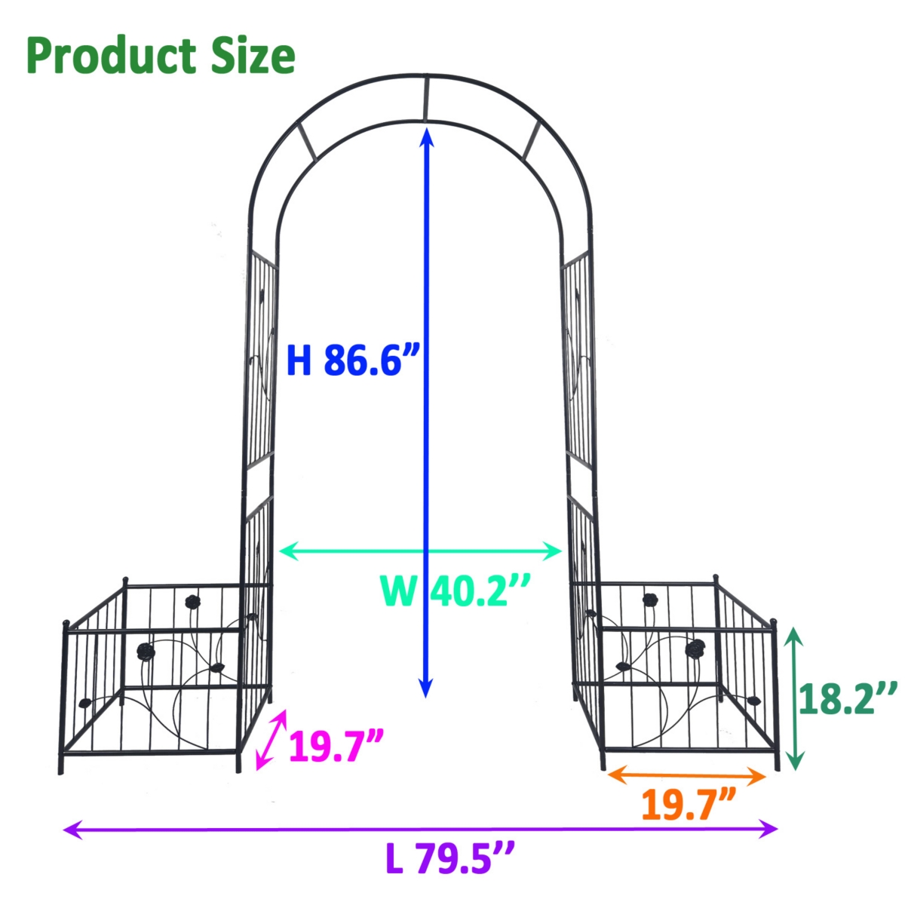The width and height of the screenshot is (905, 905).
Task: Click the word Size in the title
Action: (252, 57)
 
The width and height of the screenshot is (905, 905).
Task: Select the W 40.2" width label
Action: (456, 590)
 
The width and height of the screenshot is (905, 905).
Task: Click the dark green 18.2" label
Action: (848, 698)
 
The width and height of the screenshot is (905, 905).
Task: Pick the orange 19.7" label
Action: (689, 804)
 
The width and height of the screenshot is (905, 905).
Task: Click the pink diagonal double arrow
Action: (271, 739)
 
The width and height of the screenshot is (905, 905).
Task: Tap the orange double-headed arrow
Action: (687, 774)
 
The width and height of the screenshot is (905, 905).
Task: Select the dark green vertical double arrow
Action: (794, 698)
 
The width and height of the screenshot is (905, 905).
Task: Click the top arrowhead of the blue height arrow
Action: (427, 136)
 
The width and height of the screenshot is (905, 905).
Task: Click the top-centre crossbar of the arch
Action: (426, 98)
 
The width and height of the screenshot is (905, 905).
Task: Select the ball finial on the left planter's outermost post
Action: (66, 624)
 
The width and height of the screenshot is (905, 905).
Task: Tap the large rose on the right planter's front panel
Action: (695, 647)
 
